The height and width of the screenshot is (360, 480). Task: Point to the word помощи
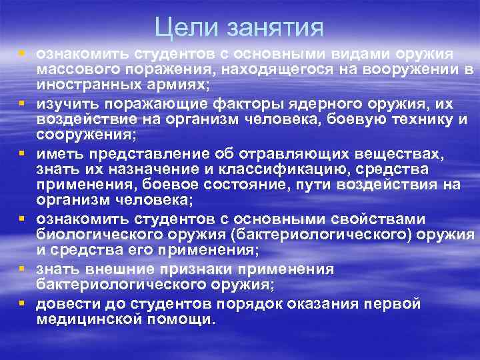(188, 319)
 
